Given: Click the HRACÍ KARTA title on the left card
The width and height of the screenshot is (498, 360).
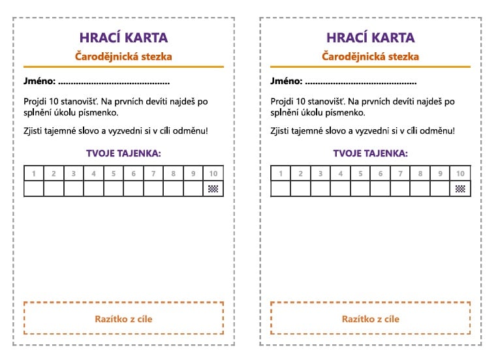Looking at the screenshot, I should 123,38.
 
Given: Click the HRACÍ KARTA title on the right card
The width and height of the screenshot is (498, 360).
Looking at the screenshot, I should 370,38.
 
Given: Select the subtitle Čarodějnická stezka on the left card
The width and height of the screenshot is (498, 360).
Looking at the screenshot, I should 123,57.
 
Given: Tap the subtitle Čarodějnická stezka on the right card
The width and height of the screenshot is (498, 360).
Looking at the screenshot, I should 370,57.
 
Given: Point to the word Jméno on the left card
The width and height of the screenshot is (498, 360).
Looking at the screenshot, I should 39,82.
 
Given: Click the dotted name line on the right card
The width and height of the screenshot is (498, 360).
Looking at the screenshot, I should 361,83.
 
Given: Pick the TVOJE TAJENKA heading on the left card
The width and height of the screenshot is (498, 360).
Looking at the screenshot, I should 123,154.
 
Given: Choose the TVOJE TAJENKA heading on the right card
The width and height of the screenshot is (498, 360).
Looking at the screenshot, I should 370,154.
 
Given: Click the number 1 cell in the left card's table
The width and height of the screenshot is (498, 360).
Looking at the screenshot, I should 33,173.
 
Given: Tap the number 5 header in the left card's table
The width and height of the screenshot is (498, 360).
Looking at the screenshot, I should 114,173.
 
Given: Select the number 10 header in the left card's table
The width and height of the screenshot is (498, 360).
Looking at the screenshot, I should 213,173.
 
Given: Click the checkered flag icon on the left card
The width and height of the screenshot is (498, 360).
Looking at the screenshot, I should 213,189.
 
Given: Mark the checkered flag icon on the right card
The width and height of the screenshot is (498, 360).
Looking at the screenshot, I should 460,189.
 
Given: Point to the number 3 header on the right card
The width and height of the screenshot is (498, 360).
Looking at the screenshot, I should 320,173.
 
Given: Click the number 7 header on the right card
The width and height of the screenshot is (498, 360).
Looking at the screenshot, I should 400,173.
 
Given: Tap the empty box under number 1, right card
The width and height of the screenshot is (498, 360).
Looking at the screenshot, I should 281,189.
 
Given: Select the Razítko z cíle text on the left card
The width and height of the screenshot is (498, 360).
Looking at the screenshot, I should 123,319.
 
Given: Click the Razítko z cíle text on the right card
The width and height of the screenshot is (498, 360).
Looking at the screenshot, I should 370,319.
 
